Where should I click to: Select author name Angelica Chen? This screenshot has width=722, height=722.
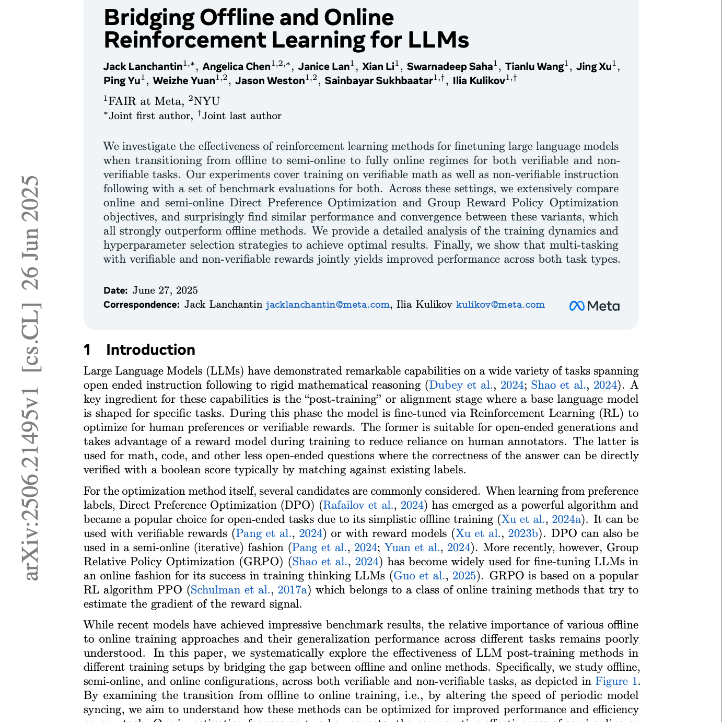[x=236, y=66]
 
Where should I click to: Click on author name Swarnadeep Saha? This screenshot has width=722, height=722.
[x=450, y=66]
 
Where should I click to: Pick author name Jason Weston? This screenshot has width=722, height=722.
[x=270, y=80]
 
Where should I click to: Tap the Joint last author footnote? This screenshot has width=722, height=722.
[x=241, y=116]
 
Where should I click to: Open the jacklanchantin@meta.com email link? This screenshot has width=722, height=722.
[x=328, y=305]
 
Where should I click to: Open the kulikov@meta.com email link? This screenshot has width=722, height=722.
[x=500, y=305]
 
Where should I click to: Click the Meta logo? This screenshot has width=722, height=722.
[x=594, y=306]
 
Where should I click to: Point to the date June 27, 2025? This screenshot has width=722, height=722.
[x=165, y=290]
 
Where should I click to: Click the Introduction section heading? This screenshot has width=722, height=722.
[x=150, y=350]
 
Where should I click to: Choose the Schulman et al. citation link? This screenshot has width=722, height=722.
[x=230, y=590]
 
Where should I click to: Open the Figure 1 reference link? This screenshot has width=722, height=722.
[x=616, y=681]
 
